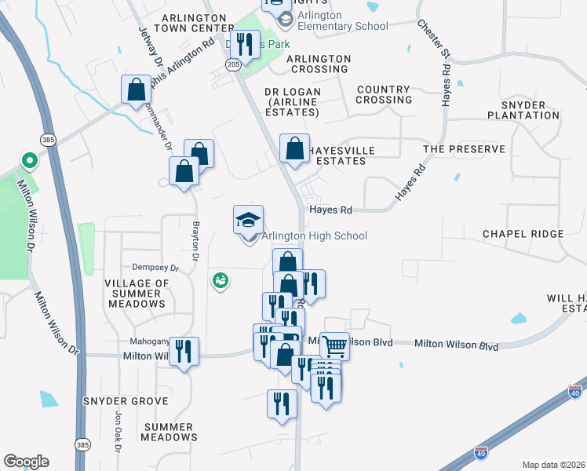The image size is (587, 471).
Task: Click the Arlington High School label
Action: (x=314, y=235)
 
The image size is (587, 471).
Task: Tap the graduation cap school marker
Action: (x=248, y=220)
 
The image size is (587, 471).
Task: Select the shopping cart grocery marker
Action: (x=334, y=345)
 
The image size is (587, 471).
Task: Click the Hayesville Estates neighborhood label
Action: (x=337, y=155)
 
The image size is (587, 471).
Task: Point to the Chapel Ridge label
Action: (x=523, y=234)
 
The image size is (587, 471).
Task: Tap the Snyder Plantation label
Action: (x=523, y=110)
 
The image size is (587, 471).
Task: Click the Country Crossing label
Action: (x=384, y=95)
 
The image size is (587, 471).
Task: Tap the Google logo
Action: (x=26, y=462)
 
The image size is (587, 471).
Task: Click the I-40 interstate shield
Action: (x=480, y=453)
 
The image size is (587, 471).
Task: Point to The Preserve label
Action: (x=456, y=148)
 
